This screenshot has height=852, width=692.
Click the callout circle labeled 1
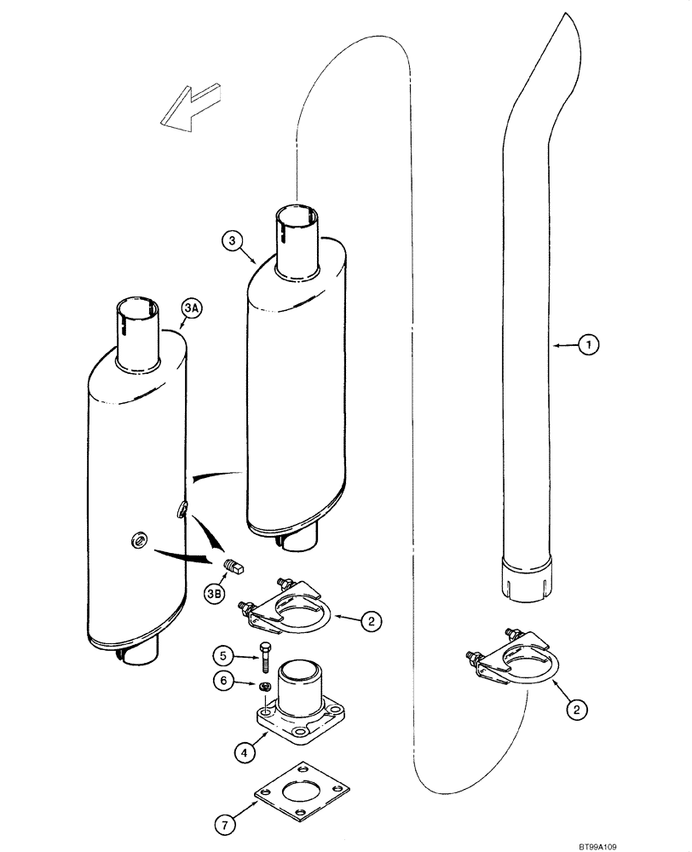587,345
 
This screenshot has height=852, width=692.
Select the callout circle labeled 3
233,241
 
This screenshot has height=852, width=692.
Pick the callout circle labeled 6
222,825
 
